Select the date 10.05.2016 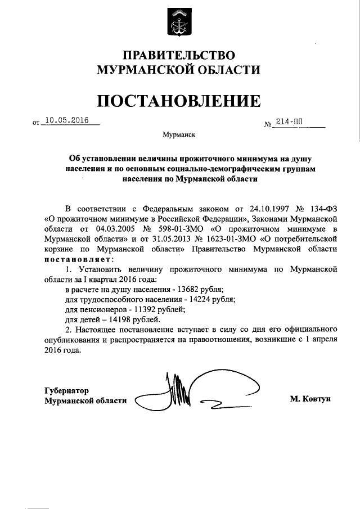click(71, 120)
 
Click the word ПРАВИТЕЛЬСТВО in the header click(179, 55)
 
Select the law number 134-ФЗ click(321, 206)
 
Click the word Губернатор click(66, 390)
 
